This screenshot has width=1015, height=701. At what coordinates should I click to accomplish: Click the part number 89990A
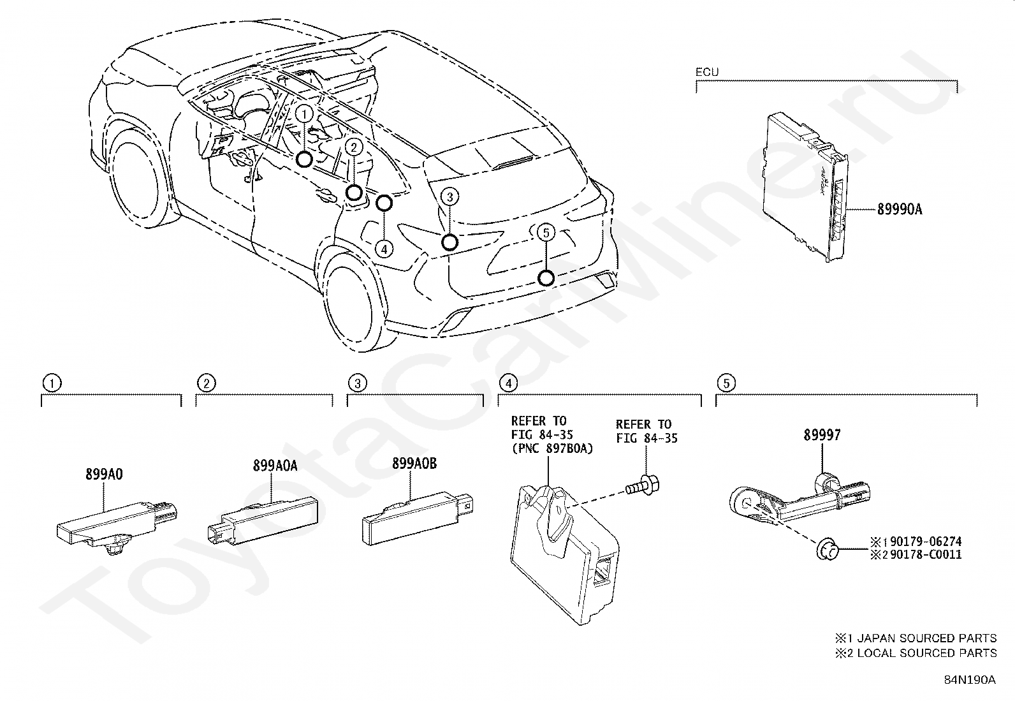(x=900, y=209)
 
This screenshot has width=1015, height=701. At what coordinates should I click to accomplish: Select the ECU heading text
(x=706, y=72)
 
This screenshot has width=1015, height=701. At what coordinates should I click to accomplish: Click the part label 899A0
(x=104, y=474)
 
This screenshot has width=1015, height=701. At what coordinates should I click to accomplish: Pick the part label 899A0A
(x=275, y=466)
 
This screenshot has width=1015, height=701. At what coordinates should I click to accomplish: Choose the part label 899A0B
(x=414, y=464)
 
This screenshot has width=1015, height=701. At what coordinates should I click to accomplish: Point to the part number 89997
(x=822, y=435)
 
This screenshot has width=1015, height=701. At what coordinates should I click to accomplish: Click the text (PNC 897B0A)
(x=552, y=448)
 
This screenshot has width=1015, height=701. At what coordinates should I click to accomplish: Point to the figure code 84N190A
(x=970, y=679)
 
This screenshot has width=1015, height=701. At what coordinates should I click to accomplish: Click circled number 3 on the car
(x=449, y=197)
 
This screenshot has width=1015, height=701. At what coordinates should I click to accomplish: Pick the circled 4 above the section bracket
(x=507, y=383)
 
